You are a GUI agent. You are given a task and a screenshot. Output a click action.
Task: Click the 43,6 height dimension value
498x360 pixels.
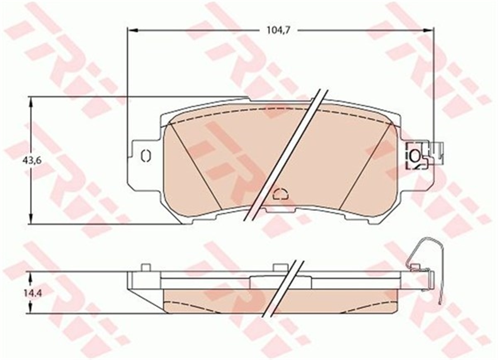pos(32,161)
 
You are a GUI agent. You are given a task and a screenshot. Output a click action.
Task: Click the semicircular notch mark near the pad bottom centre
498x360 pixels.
pos(281,195)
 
